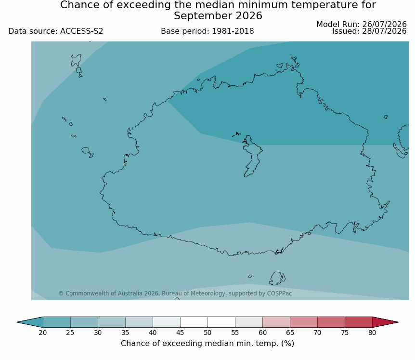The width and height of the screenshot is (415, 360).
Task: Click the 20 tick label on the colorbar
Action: [x=43, y=333]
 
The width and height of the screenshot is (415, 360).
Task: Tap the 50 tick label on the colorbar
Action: [x=207, y=333]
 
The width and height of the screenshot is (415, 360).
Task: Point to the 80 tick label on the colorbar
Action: [x=372, y=333]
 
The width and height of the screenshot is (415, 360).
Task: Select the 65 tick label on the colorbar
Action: [x=290, y=333]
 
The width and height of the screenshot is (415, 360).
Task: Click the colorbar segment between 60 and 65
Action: [x=276, y=322]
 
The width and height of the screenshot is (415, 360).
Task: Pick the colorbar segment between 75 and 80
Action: [x=358, y=322]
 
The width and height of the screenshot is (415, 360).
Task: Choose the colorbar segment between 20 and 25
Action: [x=57, y=322]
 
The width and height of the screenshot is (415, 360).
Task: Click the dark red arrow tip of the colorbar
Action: [x=385, y=322]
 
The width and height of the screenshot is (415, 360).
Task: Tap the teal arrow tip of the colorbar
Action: [x=30, y=322]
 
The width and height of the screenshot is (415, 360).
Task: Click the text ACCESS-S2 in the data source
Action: [x=81, y=31]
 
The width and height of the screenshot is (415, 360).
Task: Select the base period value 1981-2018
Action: [x=233, y=31]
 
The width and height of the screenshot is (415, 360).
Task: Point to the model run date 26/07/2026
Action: [x=384, y=24]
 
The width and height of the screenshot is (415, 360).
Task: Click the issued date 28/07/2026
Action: [x=384, y=31]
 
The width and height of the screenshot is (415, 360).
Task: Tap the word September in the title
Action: [x=203, y=16]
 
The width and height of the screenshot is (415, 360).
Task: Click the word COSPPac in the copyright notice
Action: [x=279, y=293]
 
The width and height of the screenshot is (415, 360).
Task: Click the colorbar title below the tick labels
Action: [x=207, y=344]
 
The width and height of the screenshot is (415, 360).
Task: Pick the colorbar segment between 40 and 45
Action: [x=167, y=322]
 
